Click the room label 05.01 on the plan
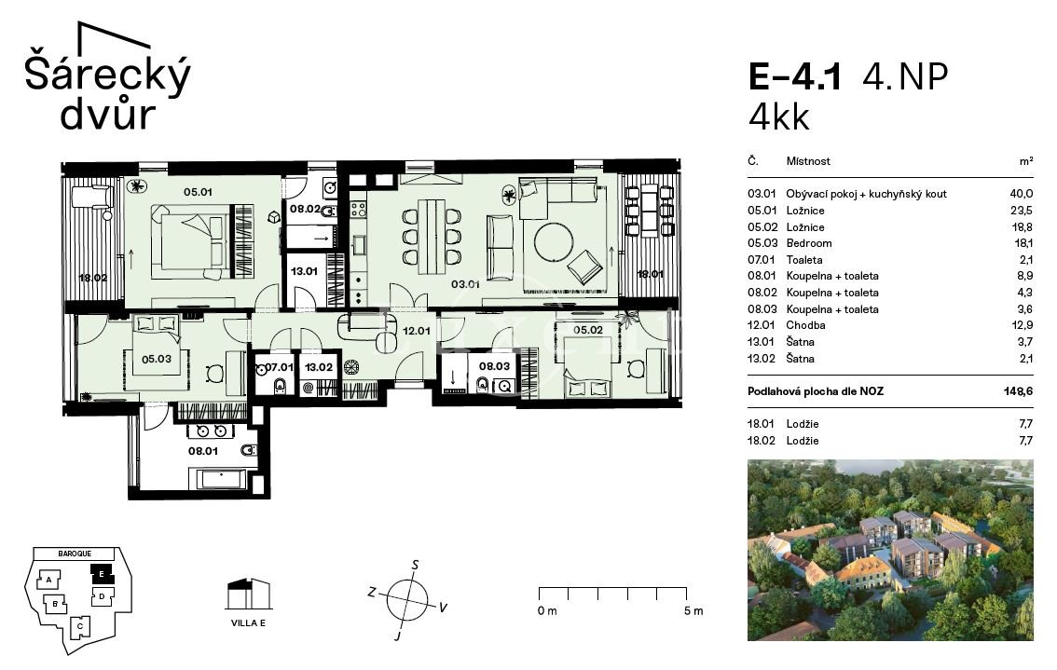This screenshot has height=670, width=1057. pyautogui.click(x=198, y=192)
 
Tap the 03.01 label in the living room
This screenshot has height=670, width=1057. pyautogui.click(x=465, y=284)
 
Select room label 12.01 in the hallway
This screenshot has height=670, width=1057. pyautogui.click(x=416, y=331)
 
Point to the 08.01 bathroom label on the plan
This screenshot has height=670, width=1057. pyautogui.click(x=203, y=451)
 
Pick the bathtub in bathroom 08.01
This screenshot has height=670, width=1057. pyautogui.click(x=222, y=479)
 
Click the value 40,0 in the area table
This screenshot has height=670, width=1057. pyautogui.click(x=1021, y=194)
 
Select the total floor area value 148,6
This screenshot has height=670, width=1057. pyautogui.click(x=1018, y=391)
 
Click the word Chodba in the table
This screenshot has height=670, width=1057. pyautogui.click(x=805, y=325)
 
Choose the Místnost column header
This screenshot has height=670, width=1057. pyautogui.click(x=808, y=161)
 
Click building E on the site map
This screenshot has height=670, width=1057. pyautogui.click(x=102, y=574)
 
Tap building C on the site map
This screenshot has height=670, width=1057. pyautogui.click(x=79, y=626)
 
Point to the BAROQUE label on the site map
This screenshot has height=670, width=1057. pyautogui.click(x=75, y=554)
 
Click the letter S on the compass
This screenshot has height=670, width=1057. pyautogui.click(x=416, y=565)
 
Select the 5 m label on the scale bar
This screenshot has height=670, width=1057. pyautogui.click(x=693, y=610)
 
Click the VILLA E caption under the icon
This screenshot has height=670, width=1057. pyautogui.click(x=248, y=622)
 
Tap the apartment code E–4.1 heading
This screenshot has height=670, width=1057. pyautogui.click(x=795, y=76)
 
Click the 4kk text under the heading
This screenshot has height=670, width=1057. pyautogui.click(x=778, y=117)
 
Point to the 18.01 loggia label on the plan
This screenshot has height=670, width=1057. pyautogui.click(x=651, y=274)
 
